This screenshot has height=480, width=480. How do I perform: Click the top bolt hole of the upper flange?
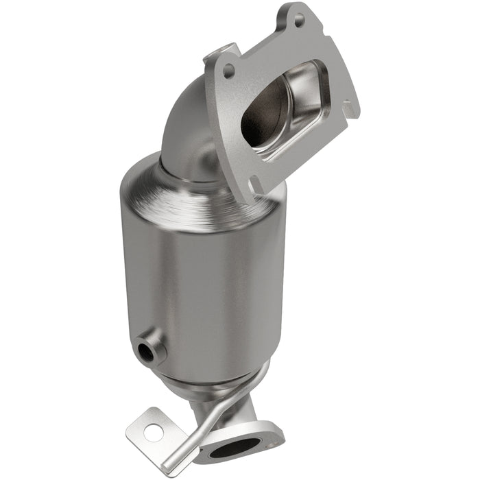click(x=298, y=20)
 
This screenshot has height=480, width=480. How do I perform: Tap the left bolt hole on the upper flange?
click(x=228, y=71)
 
